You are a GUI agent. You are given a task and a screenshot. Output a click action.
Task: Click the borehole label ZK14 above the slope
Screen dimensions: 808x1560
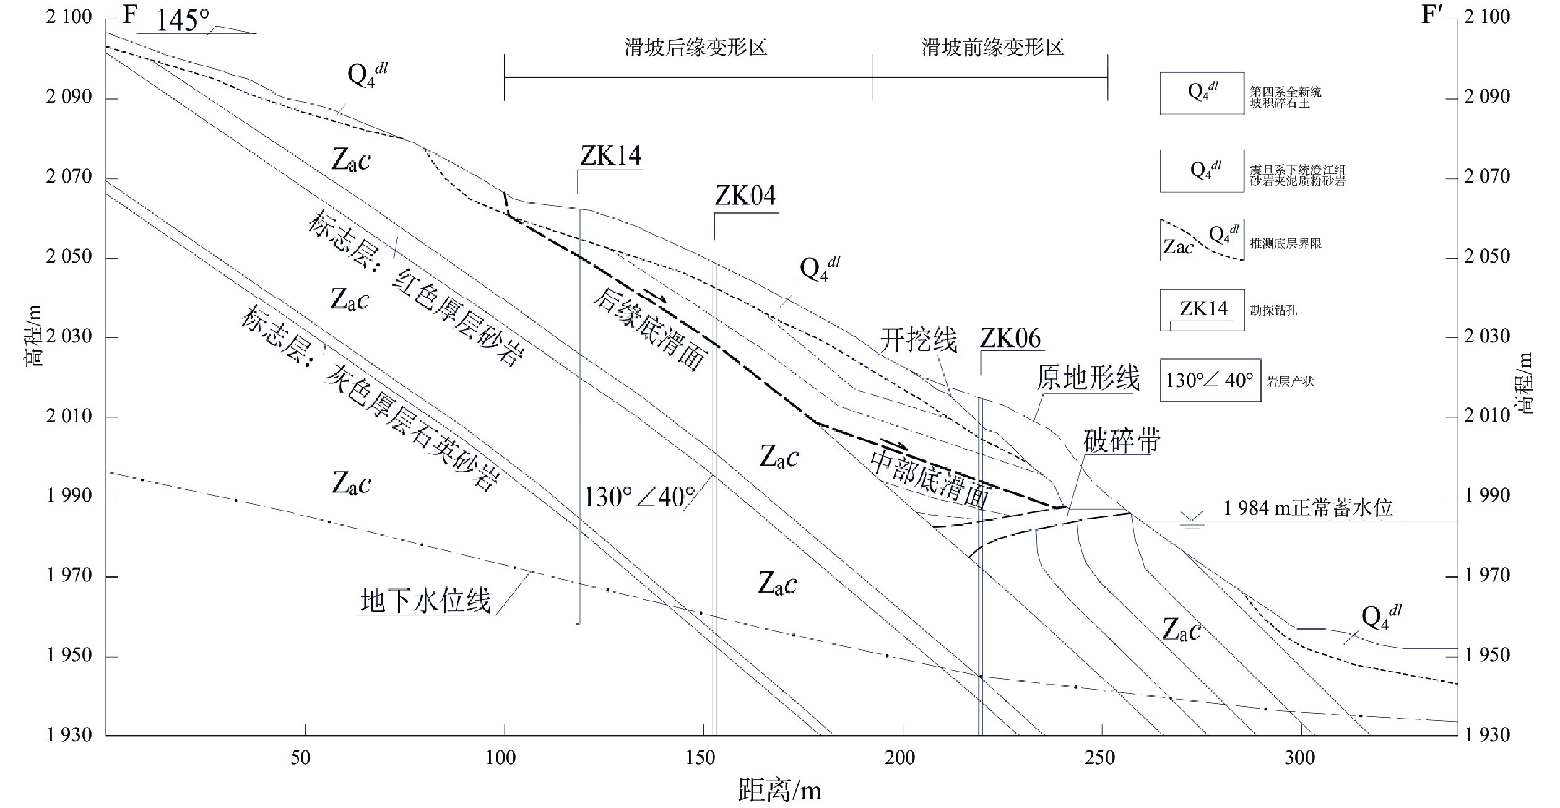pyautogui.click(x=610, y=155)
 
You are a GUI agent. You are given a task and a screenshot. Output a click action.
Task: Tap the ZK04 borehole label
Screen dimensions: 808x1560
pyautogui.click(x=745, y=196)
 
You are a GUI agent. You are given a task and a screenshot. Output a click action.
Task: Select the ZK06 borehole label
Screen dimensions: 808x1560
pyautogui.click(x=1010, y=339)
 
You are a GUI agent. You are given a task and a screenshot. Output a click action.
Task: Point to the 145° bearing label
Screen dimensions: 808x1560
pyautogui.click(x=182, y=21)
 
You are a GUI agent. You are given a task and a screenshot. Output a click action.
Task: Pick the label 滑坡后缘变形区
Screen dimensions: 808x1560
pyautogui.click(x=695, y=48)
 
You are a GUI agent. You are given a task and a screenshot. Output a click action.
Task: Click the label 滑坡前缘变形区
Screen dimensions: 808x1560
pyautogui.click(x=992, y=48)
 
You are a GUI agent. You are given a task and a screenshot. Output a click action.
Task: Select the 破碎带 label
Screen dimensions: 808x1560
pyautogui.click(x=1122, y=441)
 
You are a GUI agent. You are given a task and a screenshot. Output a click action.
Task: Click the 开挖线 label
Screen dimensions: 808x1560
pyautogui.click(x=918, y=340)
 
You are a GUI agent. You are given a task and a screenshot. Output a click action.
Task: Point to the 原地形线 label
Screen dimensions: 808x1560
pyautogui.click(x=1088, y=377)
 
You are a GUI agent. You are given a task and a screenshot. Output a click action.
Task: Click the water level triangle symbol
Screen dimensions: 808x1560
pyautogui.click(x=1192, y=517)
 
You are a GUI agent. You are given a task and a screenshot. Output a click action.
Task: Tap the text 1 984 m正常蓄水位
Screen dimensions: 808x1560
pyautogui.click(x=1307, y=508)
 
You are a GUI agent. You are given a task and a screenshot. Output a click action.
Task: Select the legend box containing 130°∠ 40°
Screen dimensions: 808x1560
pyautogui.click(x=1210, y=380)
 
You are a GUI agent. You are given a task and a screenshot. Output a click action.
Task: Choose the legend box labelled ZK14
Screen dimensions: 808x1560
pyautogui.click(x=1202, y=310)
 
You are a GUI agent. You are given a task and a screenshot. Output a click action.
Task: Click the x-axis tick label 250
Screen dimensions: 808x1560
pyautogui.click(x=1100, y=758)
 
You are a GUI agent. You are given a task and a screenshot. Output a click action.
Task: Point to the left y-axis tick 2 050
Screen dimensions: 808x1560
pyautogui.click(x=69, y=256)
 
